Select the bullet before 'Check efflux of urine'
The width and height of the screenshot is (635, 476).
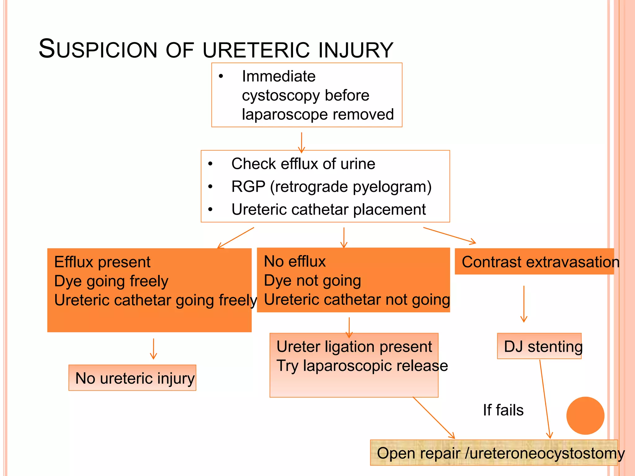[x=211, y=164]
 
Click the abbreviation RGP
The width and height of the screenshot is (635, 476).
[x=248, y=187]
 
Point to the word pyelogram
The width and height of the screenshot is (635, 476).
[x=391, y=187]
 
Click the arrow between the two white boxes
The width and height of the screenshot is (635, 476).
[x=301, y=143]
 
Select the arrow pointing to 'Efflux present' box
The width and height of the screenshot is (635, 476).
[x=236, y=238]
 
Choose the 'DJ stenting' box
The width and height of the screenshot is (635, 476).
[x=539, y=346]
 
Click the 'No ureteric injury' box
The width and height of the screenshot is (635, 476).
[x=132, y=378]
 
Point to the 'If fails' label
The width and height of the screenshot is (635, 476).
[x=503, y=410]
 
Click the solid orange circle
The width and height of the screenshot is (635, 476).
[x=585, y=416]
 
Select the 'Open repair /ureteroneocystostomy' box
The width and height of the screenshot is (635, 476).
[x=494, y=453]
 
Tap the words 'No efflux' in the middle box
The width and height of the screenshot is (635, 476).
[x=295, y=261]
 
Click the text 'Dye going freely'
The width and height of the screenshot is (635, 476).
[x=111, y=281]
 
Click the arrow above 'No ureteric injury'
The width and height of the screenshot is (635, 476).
[x=153, y=349]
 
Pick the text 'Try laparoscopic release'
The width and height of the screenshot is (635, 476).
[x=362, y=366]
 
